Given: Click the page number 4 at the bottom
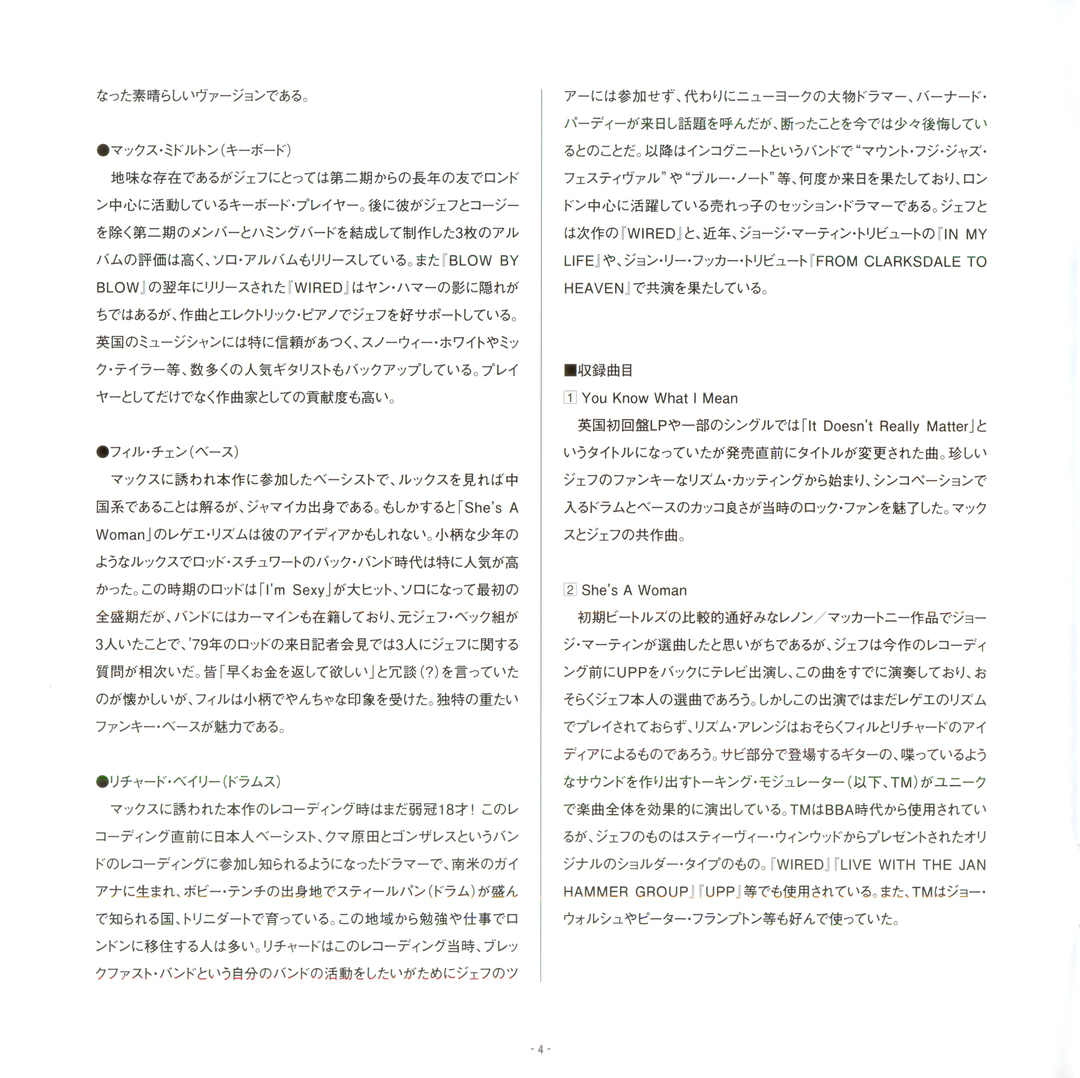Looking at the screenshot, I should tap(540, 1049).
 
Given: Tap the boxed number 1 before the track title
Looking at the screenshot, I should tap(570, 398).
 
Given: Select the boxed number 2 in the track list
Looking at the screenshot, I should tap(570, 589).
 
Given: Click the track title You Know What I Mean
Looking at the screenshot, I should tap(660, 398).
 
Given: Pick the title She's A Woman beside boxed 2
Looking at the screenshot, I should tap(634, 590).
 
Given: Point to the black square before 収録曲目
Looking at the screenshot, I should tap(570, 370).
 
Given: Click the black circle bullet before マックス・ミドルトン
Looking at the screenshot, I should tap(102, 150).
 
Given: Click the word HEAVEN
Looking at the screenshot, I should tap(593, 289).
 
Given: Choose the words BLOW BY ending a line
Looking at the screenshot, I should tap(483, 261).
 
